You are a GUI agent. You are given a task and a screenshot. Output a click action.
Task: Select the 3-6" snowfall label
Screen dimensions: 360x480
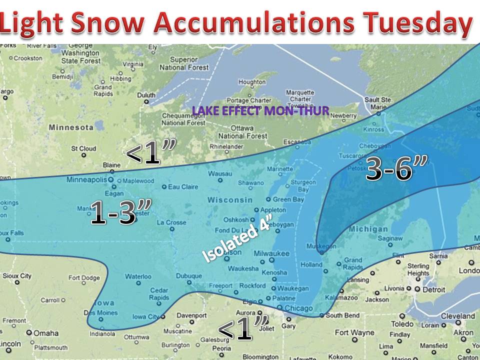(x=389, y=168)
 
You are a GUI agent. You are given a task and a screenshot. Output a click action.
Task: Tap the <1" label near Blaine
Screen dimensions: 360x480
(x=150, y=154)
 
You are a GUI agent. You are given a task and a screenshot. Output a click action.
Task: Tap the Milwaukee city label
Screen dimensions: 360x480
(x=271, y=253)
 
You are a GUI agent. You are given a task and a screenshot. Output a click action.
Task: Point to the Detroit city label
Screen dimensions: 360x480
(x=433, y=289)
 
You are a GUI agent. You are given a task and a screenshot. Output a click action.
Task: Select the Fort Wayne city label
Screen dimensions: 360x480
(x=355, y=332)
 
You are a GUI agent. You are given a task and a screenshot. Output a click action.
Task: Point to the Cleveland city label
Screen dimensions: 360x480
(x=457, y=316)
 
